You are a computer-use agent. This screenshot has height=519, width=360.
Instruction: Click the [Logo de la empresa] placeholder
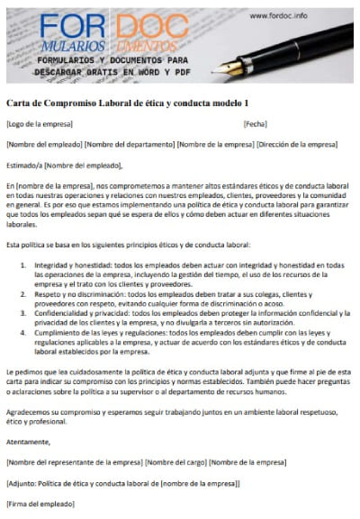click(x=36, y=124)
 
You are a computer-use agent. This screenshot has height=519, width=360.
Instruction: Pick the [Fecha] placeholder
click(x=255, y=124)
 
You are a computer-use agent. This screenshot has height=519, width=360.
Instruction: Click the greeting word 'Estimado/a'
click(x=23, y=165)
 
